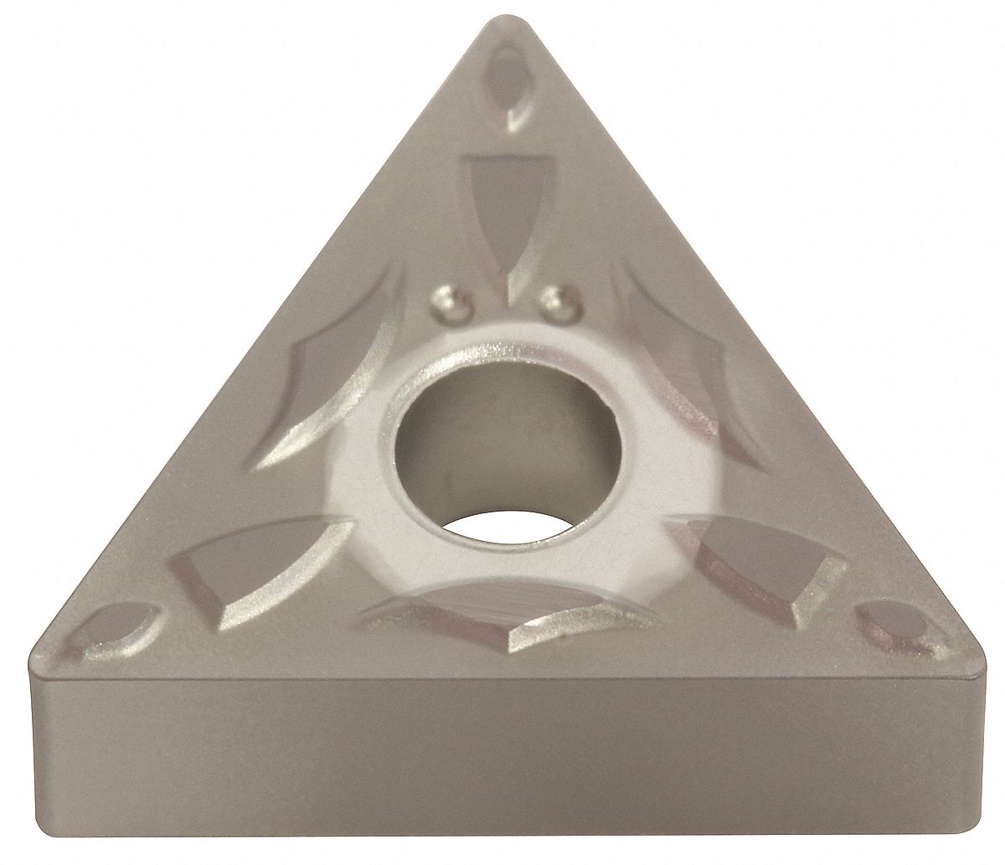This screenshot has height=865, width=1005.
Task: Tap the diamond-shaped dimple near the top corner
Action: [x=508, y=84]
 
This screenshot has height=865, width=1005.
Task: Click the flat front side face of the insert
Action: [x=502, y=762]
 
